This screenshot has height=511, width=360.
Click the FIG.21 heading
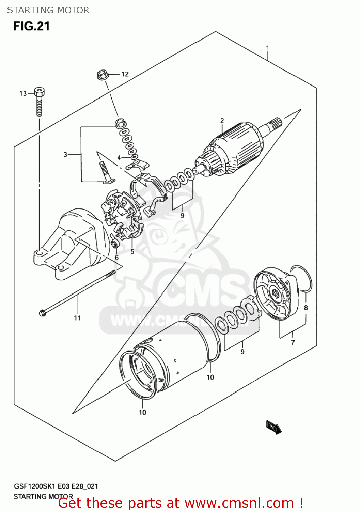[x=31, y=26]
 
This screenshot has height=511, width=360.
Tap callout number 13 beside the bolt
[x=23, y=93]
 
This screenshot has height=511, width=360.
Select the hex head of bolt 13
[x=40, y=91]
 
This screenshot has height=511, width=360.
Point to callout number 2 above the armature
[x=222, y=121]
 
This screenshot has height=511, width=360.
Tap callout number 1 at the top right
[x=268, y=48]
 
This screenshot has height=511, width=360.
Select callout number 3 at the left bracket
[x=65, y=155]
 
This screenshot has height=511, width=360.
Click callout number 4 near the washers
[x=119, y=158]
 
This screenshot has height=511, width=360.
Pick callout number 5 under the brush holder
[x=132, y=252]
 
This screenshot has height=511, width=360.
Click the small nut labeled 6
[x=114, y=244]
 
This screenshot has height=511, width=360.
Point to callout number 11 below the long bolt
[x=77, y=318]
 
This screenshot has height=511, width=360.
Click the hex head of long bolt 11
[x=42, y=312]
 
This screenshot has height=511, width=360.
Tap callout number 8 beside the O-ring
[x=306, y=308]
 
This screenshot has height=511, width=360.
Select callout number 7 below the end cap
[x=293, y=342]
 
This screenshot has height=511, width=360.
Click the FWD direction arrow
[x=274, y=427]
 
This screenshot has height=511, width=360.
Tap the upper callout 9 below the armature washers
[x=183, y=216]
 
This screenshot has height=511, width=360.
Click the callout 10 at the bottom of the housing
[x=142, y=412]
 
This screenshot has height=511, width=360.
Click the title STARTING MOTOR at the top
[x=48, y=10]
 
